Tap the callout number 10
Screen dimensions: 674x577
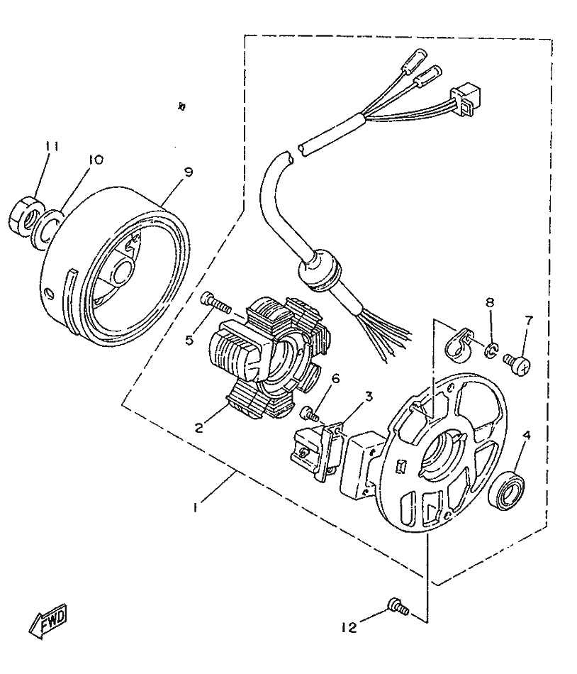[95, 160]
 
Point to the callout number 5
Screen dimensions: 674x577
[190, 341]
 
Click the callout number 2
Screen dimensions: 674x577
[201, 427]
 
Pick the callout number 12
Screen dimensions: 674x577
[347, 627]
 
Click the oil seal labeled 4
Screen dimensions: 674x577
[508, 490]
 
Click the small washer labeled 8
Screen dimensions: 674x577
[490, 348]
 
